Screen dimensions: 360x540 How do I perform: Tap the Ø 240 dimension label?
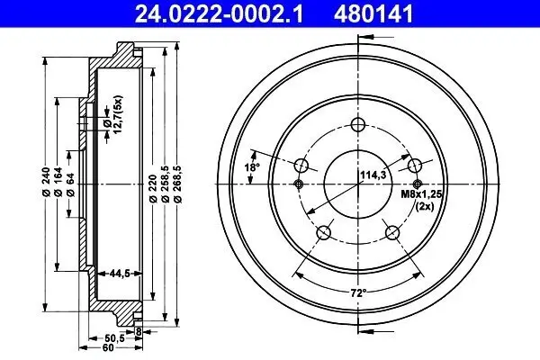(x=45, y=184)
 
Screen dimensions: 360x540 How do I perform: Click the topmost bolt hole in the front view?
(x=358, y=124)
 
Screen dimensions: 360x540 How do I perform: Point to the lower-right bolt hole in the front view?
(x=392, y=233)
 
